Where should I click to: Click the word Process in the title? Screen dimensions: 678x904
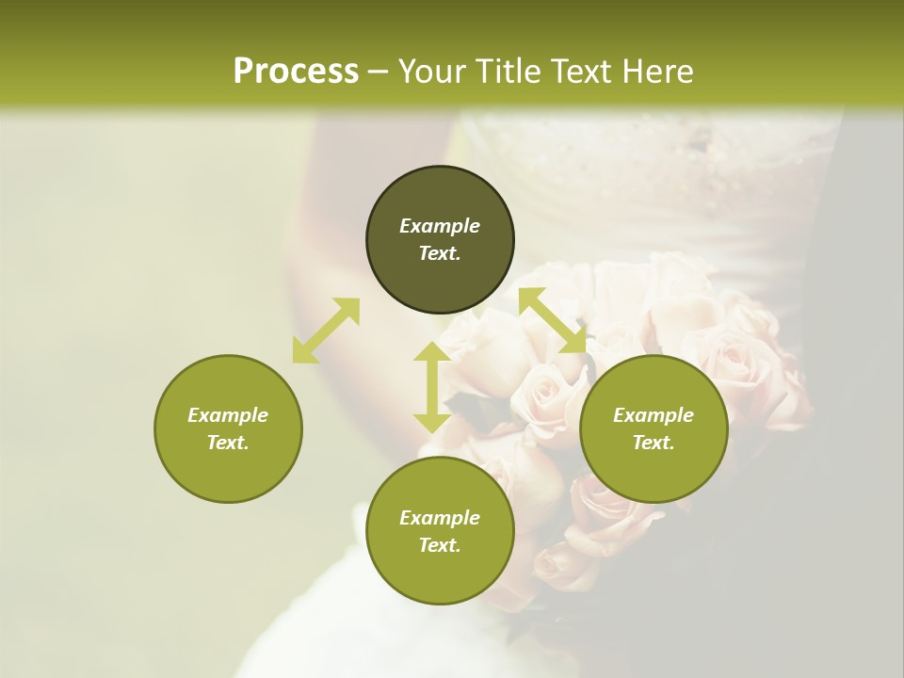(x=296, y=71)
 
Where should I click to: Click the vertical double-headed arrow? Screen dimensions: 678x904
(x=432, y=387)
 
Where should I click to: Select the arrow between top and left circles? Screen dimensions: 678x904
(x=326, y=330)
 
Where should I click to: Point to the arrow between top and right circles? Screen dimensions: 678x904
(x=553, y=320)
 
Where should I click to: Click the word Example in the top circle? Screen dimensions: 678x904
(x=440, y=226)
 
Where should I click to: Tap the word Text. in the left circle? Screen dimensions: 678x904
(x=228, y=443)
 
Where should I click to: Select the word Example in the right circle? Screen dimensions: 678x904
(x=654, y=415)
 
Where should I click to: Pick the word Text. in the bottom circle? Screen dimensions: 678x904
(x=440, y=545)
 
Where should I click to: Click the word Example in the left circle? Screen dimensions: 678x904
(x=228, y=415)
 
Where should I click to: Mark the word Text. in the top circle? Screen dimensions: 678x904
(x=440, y=253)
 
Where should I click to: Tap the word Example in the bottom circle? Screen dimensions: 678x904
(x=440, y=518)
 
